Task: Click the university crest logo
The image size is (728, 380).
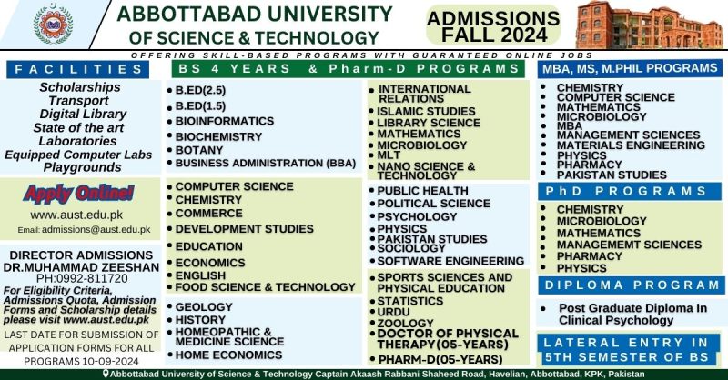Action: click(x=53, y=25)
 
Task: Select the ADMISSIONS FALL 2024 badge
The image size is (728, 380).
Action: click(x=494, y=26)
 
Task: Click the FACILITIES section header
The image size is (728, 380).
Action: click(x=85, y=69)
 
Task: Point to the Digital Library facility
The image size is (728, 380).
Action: click(x=83, y=115)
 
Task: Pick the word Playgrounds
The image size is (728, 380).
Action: click(x=83, y=167)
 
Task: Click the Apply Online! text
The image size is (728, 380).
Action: click(x=79, y=193)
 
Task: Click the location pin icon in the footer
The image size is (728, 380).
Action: click(x=106, y=374)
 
